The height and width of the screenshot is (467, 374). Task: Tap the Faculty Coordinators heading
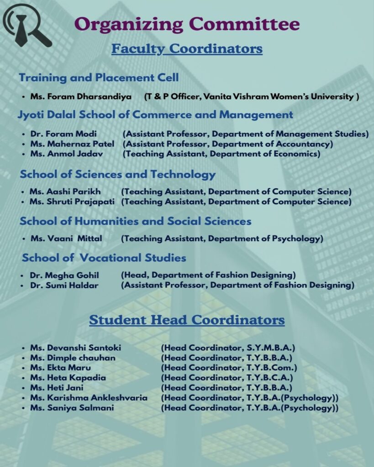(187, 48)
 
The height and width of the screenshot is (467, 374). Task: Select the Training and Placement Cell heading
(99, 78)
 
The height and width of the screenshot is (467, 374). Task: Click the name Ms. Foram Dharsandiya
(81, 97)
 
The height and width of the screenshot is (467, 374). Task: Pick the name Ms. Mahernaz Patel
(72, 144)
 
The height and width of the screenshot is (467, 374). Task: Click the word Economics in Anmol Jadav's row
(298, 154)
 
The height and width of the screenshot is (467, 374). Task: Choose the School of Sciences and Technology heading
(117, 174)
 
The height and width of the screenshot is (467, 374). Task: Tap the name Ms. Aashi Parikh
(65, 192)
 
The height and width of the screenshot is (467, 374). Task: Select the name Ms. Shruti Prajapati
(72, 202)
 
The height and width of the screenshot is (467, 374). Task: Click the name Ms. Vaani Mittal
(66, 239)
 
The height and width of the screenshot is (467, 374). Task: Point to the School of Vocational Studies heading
(104, 258)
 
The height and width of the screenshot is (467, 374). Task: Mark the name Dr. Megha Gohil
(64, 275)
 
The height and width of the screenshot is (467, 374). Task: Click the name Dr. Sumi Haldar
(64, 285)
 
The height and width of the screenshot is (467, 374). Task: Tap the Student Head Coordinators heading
(187, 320)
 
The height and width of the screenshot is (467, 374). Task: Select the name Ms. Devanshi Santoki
(76, 348)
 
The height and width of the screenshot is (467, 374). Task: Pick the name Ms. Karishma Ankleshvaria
(89, 398)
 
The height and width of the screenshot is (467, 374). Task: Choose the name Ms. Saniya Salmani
(72, 408)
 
